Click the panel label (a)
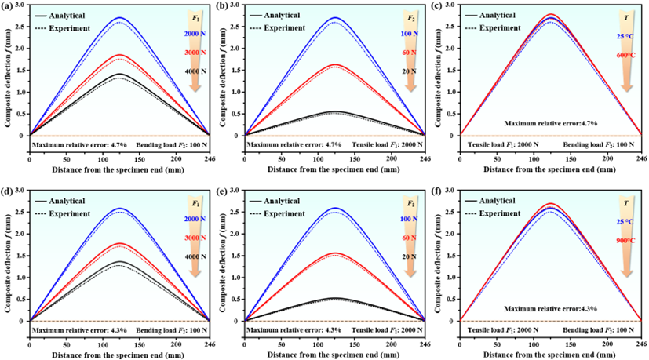click(x=7, y=6)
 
